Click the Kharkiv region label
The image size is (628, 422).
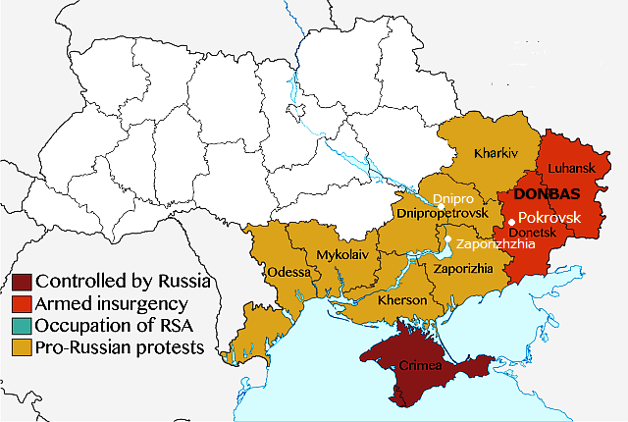tap(496, 154)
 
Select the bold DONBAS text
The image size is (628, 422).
tap(548, 193)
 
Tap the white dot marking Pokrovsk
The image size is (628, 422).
tap(511, 220)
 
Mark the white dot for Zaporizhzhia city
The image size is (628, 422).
tap(447, 239)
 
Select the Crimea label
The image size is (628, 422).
tap(420, 366)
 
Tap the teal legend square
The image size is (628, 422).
tap(20, 325)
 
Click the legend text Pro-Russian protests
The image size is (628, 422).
tap(119, 346)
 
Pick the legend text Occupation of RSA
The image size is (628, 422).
tap(116, 325)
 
